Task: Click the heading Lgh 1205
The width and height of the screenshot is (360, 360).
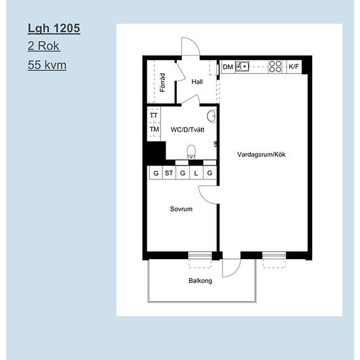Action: [54, 29]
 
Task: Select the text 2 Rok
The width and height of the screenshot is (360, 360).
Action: [44, 47]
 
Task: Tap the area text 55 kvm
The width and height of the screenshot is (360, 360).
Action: [47, 65]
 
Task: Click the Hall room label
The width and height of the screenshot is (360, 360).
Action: [197, 82]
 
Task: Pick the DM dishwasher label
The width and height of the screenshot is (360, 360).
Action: [228, 67]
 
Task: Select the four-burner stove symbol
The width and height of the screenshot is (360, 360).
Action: [276, 67]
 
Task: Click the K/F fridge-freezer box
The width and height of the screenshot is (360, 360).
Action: [294, 67]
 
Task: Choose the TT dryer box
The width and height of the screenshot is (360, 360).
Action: [154, 116]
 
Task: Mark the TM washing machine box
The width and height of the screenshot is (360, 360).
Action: [154, 130]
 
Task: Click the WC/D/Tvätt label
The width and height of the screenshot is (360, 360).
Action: [187, 130]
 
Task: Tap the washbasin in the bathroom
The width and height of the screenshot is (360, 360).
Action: [211, 117]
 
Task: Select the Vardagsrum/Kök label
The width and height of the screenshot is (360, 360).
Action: [262, 154]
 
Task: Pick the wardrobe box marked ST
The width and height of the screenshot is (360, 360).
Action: [169, 173]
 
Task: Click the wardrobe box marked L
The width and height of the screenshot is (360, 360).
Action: [196, 173]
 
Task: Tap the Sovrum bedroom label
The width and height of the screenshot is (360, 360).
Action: [181, 209]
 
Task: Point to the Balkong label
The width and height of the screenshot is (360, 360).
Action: [200, 281]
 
